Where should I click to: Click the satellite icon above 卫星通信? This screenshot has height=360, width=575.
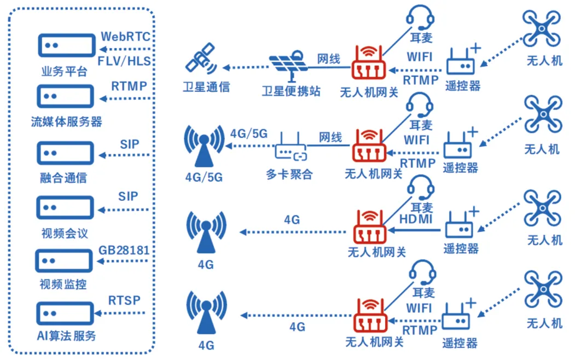pyautogui.click(x=200, y=61)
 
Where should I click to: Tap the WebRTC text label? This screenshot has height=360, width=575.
pyautogui.click(x=125, y=37)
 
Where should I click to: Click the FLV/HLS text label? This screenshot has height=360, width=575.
pyautogui.click(x=125, y=60)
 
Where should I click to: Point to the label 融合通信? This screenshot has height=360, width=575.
pyautogui.click(x=63, y=178)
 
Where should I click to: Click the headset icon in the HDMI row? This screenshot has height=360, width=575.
pyautogui.click(x=422, y=189)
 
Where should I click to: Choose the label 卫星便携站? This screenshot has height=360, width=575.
pyautogui.click(x=291, y=91)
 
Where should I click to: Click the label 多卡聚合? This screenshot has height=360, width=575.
pyautogui.click(x=289, y=175)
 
